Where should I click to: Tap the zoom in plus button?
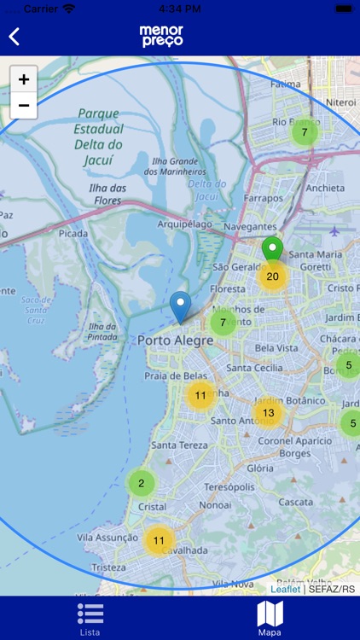24,79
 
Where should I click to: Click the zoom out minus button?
24,105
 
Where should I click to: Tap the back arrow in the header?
15,37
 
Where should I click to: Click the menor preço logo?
161,36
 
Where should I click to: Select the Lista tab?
90,618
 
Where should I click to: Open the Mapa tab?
270,618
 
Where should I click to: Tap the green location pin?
272,250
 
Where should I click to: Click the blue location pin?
180,305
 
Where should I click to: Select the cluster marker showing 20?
273,276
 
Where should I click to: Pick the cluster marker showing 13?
268,413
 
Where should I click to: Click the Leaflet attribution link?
285,589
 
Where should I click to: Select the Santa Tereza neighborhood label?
176,445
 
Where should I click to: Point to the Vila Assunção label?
107,538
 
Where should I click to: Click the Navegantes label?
250,227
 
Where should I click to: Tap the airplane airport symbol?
333,231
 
